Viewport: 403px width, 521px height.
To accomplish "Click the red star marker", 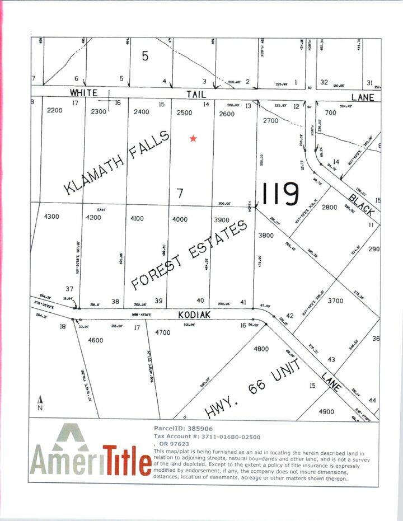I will coord(193,138).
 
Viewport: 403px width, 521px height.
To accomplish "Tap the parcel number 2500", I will coord(184,113).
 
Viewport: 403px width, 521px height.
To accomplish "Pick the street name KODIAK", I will coord(195,316).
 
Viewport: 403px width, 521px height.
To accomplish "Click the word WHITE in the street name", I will coord(83,93).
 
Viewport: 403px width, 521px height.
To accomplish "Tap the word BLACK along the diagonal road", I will coord(362,200).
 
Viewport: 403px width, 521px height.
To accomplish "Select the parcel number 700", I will coord(330,113).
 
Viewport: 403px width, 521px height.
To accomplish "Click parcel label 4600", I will coord(96,340).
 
